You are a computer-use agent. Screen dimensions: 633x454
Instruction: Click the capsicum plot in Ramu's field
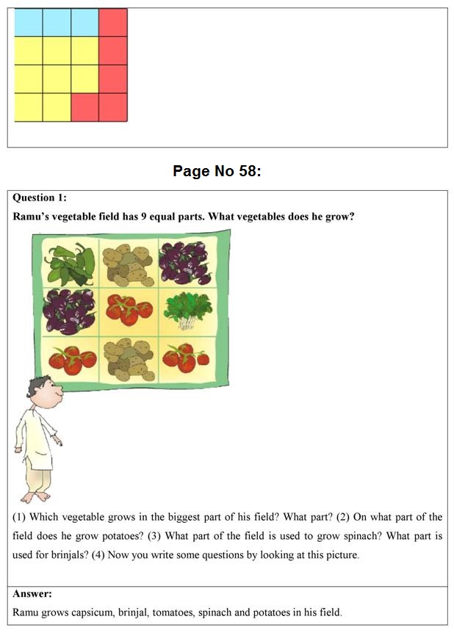click(71, 264)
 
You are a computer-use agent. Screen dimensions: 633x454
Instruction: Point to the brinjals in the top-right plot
click(185, 264)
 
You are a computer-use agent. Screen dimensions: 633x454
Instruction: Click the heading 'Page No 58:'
click(217, 171)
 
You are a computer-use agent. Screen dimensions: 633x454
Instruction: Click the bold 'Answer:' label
click(32, 593)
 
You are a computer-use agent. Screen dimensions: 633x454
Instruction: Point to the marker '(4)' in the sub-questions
click(99, 555)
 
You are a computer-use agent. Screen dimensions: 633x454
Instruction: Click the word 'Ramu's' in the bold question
click(32, 217)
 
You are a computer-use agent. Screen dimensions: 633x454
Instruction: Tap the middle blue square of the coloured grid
click(57, 23)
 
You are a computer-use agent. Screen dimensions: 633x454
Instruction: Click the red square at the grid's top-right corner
click(113, 23)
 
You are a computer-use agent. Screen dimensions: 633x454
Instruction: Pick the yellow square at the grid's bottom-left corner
click(29, 107)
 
